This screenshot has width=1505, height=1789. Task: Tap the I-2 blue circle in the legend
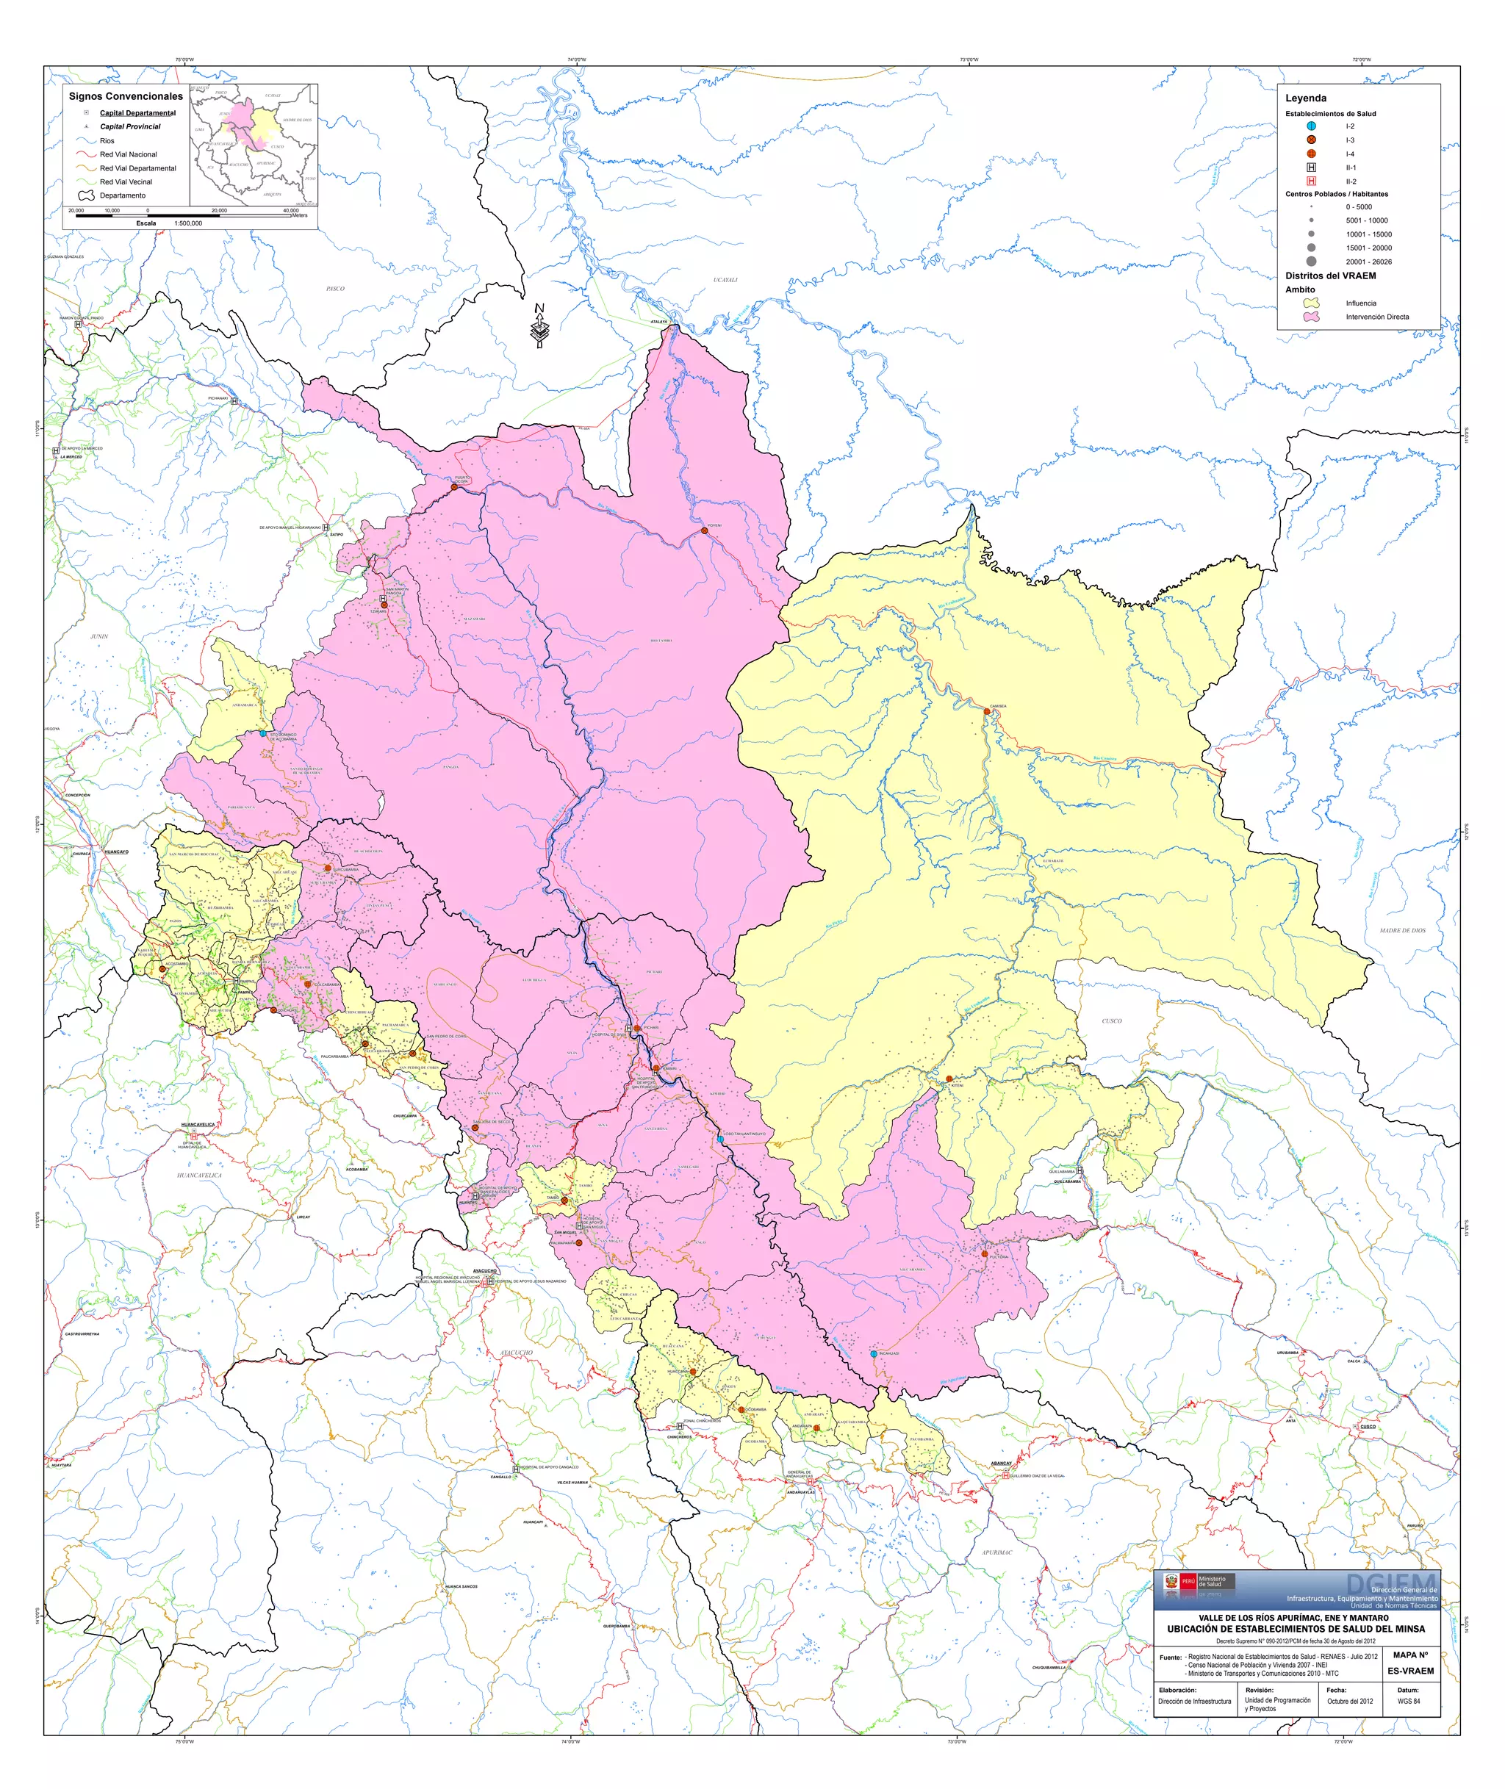[x=1311, y=126]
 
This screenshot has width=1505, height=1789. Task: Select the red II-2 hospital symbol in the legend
[x=1311, y=181]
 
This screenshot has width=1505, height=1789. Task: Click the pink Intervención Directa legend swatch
[x=1311, y=317]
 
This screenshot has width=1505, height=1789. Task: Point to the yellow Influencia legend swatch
[x=1311, y=303]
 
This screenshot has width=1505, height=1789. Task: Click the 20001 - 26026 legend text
[x=1368, y=262]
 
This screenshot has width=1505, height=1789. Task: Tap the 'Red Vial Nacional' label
[x=128, y=154]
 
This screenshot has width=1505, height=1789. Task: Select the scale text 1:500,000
[x=189, y=223]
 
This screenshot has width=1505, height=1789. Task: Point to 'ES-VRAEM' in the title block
[x=1410, y=1671]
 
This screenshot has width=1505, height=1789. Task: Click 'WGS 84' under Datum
[x=1409, y=1701]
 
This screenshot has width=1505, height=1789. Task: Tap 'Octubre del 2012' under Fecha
[x=1350, y=1701]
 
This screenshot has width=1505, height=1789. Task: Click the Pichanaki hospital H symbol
[x=234, y=401]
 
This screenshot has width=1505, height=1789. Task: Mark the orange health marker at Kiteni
[x=949, y=1079]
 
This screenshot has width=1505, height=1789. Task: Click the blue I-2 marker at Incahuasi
[x=874, y=1353]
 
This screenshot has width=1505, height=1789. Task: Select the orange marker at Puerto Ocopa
[x=454, y=486]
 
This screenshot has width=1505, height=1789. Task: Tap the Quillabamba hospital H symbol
[x=1080, y=1170]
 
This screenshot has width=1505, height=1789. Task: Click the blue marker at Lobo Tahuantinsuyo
[x=720, y=1138]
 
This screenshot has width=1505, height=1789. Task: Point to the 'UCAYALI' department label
[x=725, y=280]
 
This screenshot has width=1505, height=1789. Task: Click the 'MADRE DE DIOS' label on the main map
[x=1402, y=930]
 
